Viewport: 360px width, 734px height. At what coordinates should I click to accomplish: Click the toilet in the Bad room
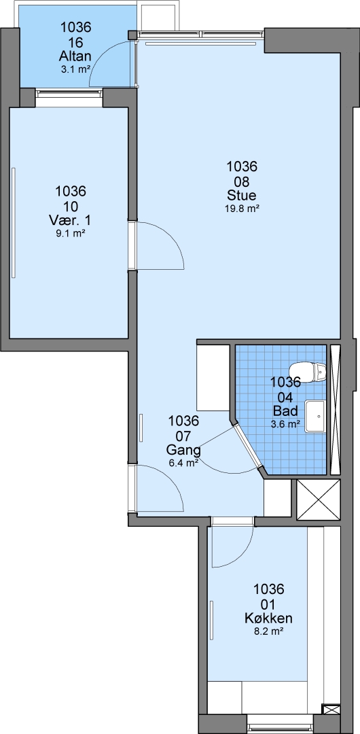pyautogui.click(x=308, y=372)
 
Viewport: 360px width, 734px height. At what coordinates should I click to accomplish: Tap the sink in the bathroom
pyautogui.click(x=316, y=416)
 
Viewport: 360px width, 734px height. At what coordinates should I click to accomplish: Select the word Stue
pyautogui.click(x=242, y=195)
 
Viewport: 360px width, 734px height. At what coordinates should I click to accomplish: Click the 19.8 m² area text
pyautogui.click(x=242, y=209)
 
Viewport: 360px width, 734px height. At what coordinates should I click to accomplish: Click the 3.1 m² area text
pyautogui.click(x=75, y=70)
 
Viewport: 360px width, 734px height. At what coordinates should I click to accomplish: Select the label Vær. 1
pyautogui.click(x=70, y=220)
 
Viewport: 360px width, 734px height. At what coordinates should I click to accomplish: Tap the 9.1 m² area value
pyautogui.click(x=70, y=233)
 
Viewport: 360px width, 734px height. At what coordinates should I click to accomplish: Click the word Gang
pyautogui.click(x=183, y=450)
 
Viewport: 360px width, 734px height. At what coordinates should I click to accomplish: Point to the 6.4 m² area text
pyautogui.click(x=183, y=463)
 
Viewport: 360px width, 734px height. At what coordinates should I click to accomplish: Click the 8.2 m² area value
pyautogui.click(x=268, y=631)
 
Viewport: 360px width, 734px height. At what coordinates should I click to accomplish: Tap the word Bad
pyautogui.click(x=285, y=411)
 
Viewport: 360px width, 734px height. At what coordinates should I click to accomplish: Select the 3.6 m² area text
pyautogui.click(x=285, y=424)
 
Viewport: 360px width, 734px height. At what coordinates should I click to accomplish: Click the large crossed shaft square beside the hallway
pyautogui.click(x=319, y=500)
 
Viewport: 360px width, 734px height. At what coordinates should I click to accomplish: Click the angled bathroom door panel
pyautogui.click(x=248, y=445)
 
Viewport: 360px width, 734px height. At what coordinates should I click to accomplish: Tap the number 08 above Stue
pyautogui.click(x=242, y=181)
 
